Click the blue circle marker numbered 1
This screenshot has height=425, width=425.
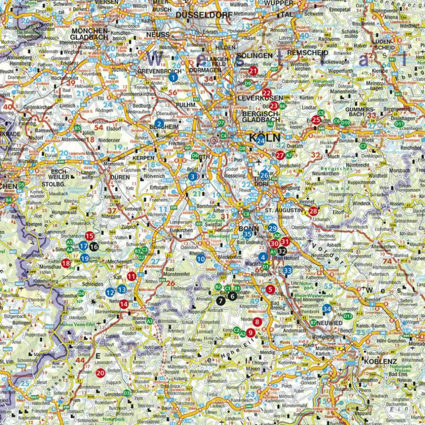click(x=173, y=78)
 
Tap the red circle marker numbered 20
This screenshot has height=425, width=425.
click(x=100, y=373)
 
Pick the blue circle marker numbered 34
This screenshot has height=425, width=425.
click(x=327, y=309)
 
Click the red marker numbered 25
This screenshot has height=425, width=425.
click(x=316, y=120)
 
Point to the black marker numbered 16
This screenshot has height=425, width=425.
click(x=94, y=246)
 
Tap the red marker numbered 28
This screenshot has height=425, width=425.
click(x=313, y=211)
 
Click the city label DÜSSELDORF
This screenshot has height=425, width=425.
click(x=200, y=15)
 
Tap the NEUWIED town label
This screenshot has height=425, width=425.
click(x=329, y=323)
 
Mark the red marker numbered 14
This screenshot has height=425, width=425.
click(x=124, y=304)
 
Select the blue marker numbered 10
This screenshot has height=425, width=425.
click(x=201, y=259)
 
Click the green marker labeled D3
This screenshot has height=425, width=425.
click(x=127, y=393)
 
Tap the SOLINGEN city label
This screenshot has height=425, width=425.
click(x=254, y=55)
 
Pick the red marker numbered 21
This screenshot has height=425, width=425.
click(x=254, y=71)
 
